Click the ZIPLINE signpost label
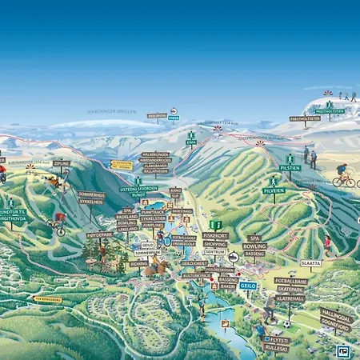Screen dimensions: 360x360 [x=62, y=163]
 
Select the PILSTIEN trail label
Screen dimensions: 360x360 [x=290, y=169]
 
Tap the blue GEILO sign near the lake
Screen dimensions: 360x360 [x=248, y=286]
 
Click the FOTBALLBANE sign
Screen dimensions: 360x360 [x=291, y=281]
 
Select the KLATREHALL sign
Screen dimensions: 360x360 [x=290, y=298]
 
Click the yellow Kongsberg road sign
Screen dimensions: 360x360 [x=47, y=300]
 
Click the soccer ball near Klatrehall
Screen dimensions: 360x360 [x=286, y=324]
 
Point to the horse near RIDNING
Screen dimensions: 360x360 [x=150, y=269]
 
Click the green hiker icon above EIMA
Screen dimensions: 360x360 [x=191, y=134]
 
